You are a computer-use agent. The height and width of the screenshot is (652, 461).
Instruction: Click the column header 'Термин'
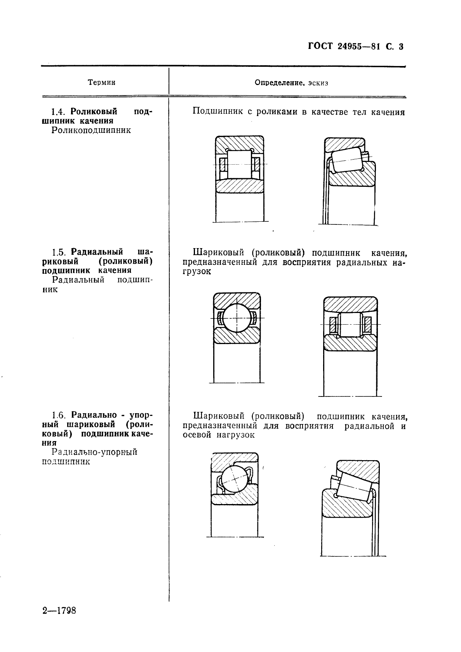point(102,82)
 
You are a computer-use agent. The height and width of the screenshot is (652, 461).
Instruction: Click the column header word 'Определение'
point(278,82)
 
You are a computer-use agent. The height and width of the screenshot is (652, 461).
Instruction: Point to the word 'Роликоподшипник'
point(91,130)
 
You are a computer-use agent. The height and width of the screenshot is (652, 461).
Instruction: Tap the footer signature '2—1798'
point(59,611)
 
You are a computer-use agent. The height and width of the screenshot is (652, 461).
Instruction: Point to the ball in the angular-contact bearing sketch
point(234,479)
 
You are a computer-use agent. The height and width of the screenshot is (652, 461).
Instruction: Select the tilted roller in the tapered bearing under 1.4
point(347,159)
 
